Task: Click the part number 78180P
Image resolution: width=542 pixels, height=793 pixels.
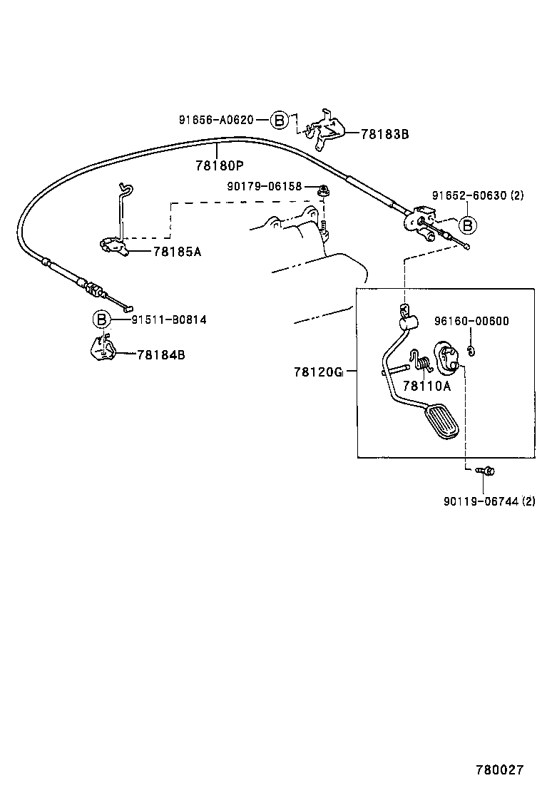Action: tap(220, 165)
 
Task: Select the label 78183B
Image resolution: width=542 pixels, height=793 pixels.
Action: tap(385, 133)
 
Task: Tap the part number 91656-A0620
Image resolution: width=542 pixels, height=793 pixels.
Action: tap(216, 120)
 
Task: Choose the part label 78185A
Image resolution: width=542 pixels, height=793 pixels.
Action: tap(177, 251)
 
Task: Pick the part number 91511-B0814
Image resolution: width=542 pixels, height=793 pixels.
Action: tap(169, 319)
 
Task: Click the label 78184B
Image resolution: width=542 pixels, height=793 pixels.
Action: tap(160, 354)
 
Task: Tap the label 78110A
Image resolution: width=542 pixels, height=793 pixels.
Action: tap(427, 386)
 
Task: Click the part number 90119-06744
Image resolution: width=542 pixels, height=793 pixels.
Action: tap(483, 501)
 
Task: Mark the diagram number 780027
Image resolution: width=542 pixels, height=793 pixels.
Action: tap(500, 770)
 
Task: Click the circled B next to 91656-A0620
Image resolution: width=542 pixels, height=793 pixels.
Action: tap(280, 120)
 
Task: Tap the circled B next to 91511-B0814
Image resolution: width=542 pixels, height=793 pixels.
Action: tap(101, 319)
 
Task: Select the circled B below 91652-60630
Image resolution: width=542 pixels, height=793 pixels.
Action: tap(467, 226)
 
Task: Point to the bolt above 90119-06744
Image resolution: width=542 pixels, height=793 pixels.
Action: tap(486, 470)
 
